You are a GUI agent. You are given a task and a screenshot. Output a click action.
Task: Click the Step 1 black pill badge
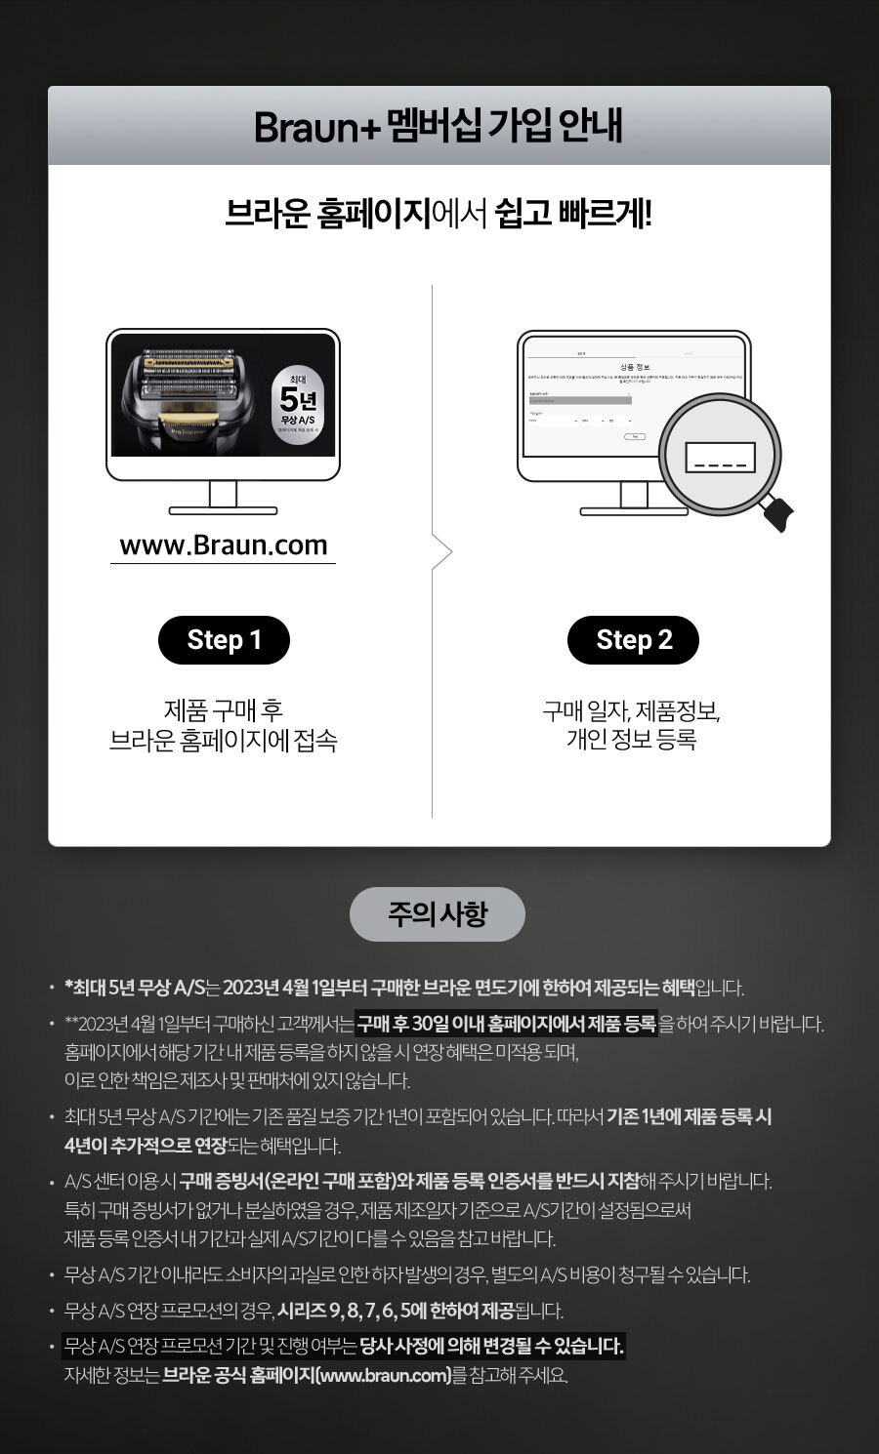pos(225,640)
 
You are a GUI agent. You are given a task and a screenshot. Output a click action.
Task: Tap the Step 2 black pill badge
pos(634,640)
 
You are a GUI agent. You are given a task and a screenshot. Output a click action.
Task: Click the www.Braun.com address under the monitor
pos(224,545)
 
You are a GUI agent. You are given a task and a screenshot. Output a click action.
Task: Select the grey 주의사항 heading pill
pos(438,914)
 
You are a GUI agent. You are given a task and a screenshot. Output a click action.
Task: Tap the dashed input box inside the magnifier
pos(721,457)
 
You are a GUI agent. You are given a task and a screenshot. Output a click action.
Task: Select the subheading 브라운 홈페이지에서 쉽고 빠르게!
pos(439,214)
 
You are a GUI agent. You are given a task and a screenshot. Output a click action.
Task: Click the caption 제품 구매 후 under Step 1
pos(224,710)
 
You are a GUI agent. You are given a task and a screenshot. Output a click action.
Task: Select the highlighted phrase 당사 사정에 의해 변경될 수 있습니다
pos(491,1347)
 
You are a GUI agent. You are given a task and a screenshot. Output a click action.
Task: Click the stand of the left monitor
pos(224,498)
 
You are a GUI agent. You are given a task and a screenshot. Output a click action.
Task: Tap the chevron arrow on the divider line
pos(444,553)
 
